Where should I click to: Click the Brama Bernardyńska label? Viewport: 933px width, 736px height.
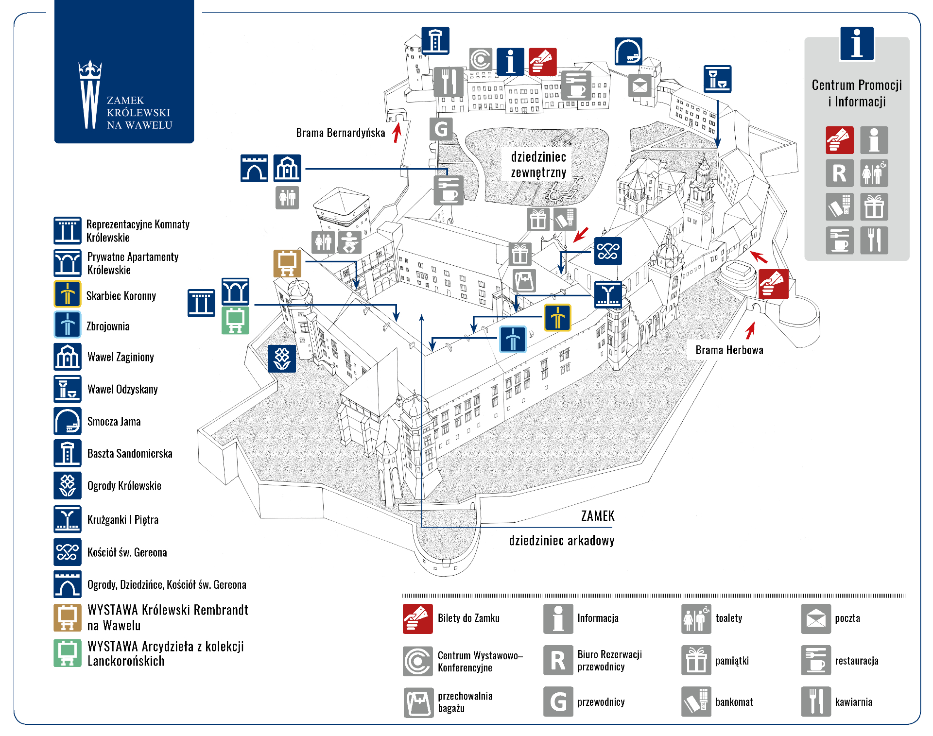click(x=340, y=133)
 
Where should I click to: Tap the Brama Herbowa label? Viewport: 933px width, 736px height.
click(x=729, y=350)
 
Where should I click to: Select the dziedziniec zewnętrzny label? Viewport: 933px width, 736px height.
click(x=538, y=164)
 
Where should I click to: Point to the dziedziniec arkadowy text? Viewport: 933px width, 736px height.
click(x=561, y=540)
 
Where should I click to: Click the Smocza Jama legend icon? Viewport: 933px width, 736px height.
click(x=68, y=421)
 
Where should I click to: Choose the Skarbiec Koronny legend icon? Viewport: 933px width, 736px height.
click(x=68, y=294)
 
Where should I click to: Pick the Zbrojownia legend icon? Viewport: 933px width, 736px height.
click(x=68, y=325)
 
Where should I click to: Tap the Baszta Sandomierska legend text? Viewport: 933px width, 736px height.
click(x=130, y=453)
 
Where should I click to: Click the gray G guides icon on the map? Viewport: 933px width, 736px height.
click(x=441, y=129)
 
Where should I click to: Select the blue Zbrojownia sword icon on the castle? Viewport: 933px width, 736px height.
click(x=513, y=339)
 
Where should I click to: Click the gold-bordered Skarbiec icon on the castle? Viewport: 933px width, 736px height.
click(x=557, y=318)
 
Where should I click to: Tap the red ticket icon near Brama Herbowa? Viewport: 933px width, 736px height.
click(x=773, y=284)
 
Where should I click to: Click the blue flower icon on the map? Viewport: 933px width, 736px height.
click(x=282, y=359)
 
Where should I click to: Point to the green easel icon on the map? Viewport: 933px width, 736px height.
click(x=235, y=320)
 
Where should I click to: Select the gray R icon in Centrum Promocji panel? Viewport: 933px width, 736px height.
click(x=839, y=173)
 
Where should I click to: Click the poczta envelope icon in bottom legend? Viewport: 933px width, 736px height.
click(x=815, y=619)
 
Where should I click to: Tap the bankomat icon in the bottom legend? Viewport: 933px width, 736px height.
click(x=696, y=702)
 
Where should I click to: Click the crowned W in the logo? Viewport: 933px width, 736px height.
click(x=90, y=95)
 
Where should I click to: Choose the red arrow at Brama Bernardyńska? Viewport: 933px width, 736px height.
click(x=397, y=133)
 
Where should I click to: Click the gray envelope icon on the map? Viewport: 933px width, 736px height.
click(x=640, y=86)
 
